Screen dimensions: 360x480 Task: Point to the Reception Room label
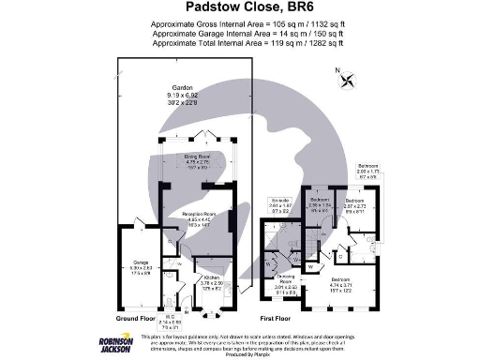pyautogui.click(x=199, y=218)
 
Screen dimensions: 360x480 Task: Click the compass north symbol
pyautogui.click(x=349, y=79)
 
